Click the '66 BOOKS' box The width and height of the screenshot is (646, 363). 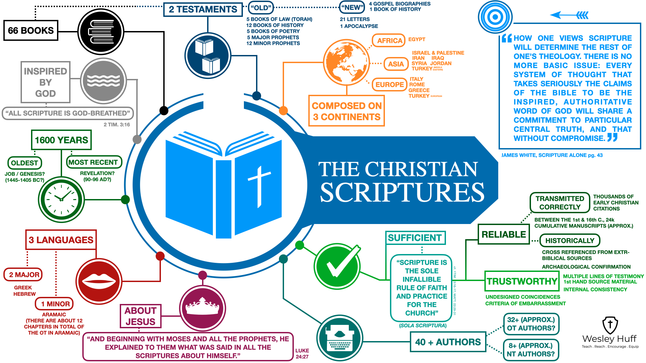[31, 30]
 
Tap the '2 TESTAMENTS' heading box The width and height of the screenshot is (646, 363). [203, 9]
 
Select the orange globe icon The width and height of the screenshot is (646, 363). [346, 62]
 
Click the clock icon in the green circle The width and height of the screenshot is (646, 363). [61, 199]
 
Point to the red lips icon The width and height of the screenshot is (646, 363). [99, 281]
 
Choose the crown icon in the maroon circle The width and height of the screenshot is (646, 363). [202, 308]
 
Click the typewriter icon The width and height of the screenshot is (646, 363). [340, 338]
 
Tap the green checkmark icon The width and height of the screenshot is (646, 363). [337, 267]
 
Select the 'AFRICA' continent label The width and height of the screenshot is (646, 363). [389, 41]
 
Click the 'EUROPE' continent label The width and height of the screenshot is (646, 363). [389, 84]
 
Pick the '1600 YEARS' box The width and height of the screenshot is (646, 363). [61, 140]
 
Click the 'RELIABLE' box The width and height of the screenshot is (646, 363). [503, 234]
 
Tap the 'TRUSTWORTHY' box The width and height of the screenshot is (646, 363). [522, 281]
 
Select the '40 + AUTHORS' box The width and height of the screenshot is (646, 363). [448, 342]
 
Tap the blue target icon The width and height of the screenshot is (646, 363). [495, 17]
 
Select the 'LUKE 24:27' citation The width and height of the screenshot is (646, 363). [302, 354]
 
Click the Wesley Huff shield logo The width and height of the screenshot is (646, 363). [610, 325]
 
